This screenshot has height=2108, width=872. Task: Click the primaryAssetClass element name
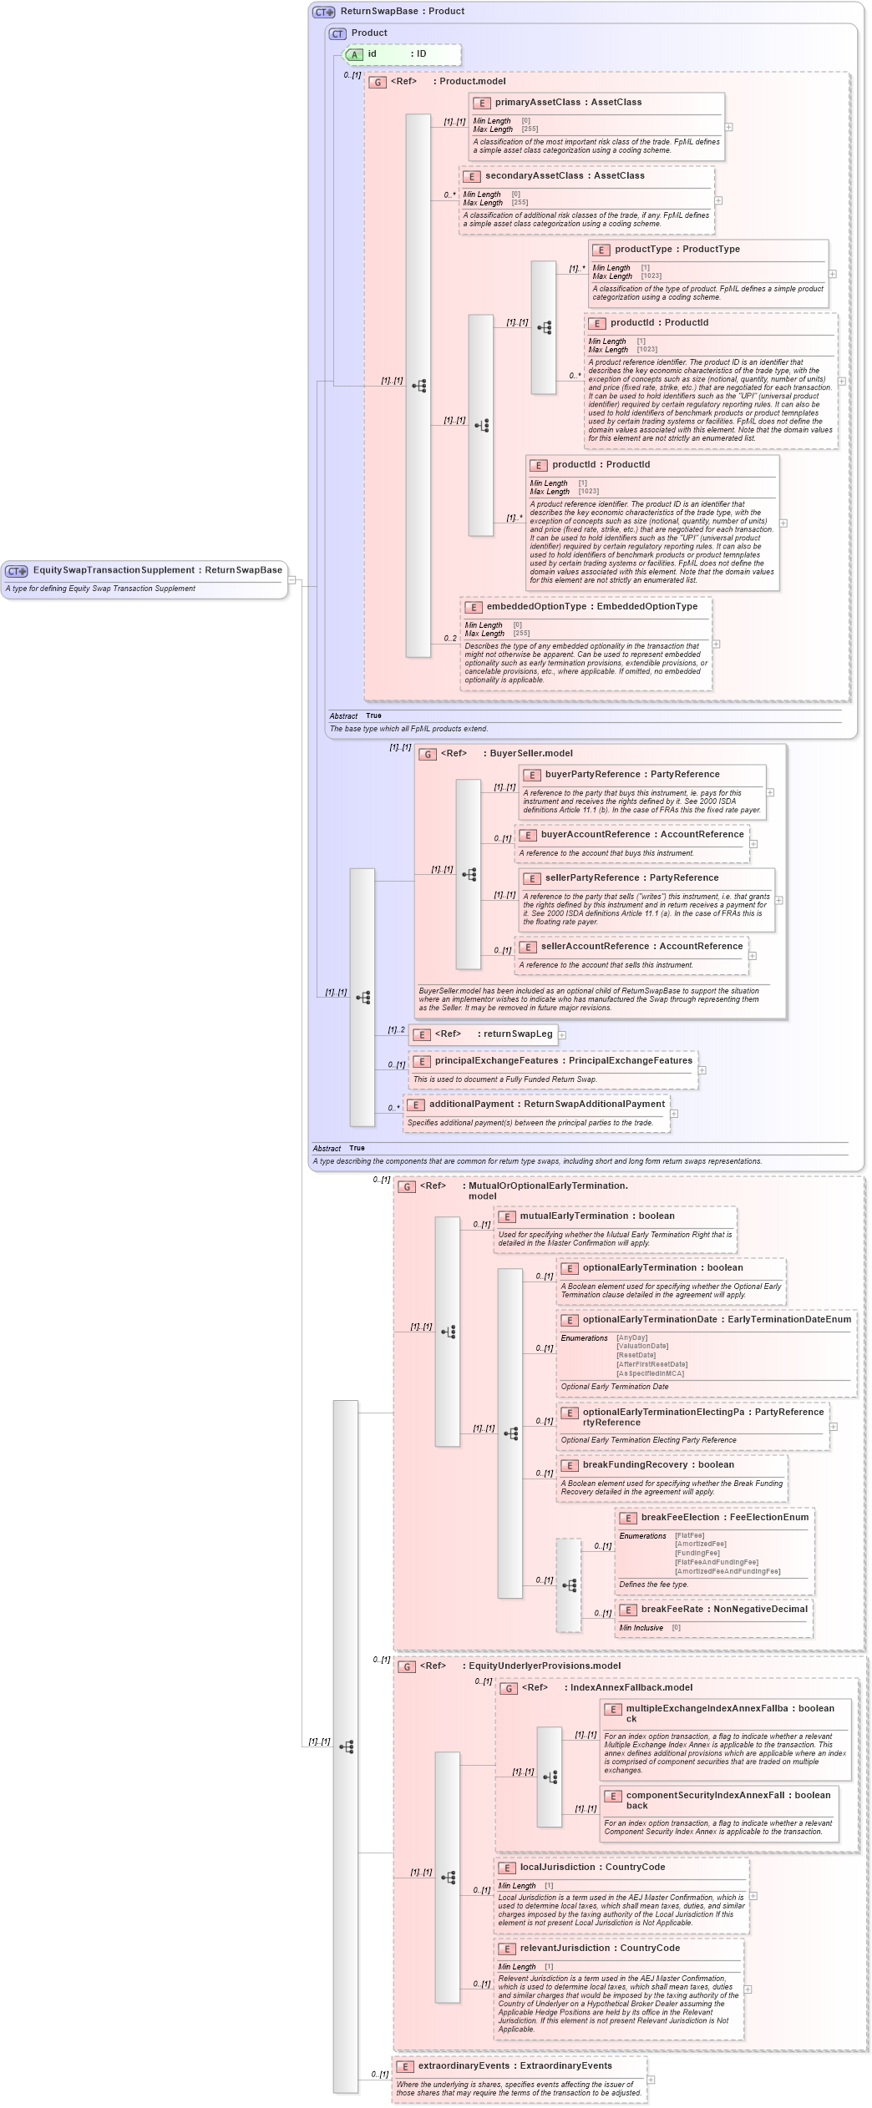(537, 103)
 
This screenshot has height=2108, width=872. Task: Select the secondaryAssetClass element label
(534, 176)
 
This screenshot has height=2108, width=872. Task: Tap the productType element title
(643, 250)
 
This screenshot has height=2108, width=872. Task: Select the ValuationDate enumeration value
(642, 1346)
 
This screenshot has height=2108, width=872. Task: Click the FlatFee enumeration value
(690, 1535)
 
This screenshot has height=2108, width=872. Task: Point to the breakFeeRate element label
(675, 1610)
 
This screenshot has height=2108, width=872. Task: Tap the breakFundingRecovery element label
(636, 1465)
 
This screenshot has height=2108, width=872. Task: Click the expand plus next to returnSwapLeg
(562, 1035)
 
